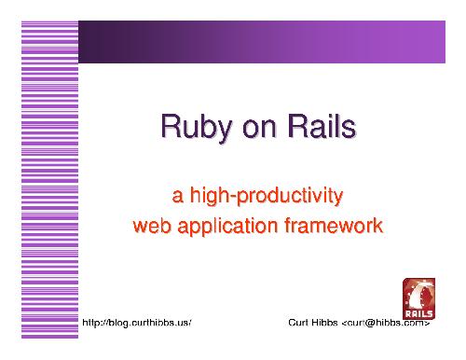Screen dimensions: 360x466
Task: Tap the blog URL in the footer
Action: (137, 323)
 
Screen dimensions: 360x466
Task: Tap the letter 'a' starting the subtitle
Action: (178, 198)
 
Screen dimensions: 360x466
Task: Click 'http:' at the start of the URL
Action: (94, 323)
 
